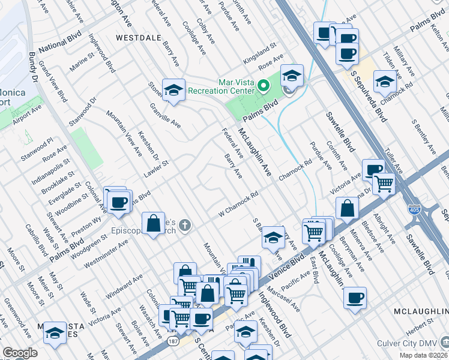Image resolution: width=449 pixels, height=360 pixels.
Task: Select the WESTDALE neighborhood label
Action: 139,37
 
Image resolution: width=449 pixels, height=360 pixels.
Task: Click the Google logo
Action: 20,353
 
